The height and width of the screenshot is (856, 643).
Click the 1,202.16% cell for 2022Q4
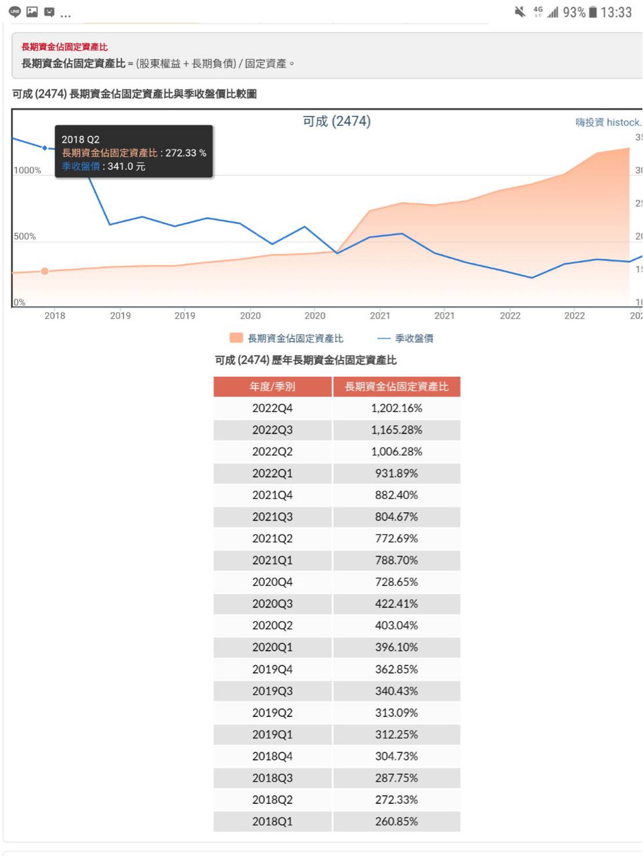point(396,408)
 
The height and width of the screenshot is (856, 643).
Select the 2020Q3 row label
point(272,604)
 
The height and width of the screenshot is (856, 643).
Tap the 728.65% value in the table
point(396,582)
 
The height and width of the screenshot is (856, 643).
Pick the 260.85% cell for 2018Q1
point(396,821)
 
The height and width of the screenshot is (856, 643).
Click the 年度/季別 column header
point(272,387)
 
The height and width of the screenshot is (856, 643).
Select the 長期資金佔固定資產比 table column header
point(396,387)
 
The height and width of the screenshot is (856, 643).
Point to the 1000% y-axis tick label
point(27,171)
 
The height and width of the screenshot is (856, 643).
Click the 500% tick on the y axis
point(25,237)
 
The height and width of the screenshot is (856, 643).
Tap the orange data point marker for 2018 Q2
point(45,272)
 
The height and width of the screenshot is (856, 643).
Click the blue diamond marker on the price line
point(45,148)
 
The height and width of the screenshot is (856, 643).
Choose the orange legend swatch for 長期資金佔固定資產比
point(236,338)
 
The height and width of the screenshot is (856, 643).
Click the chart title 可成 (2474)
point(337,121)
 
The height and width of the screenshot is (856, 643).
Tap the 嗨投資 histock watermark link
point(608,122)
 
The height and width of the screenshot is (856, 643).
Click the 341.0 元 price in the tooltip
point(126,167)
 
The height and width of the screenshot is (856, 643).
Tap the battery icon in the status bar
point(592,12)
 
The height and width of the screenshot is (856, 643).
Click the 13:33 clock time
point(616,12)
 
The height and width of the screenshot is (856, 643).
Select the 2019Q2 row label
point(272,713)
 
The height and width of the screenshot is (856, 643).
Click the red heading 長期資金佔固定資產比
point(64,47)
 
